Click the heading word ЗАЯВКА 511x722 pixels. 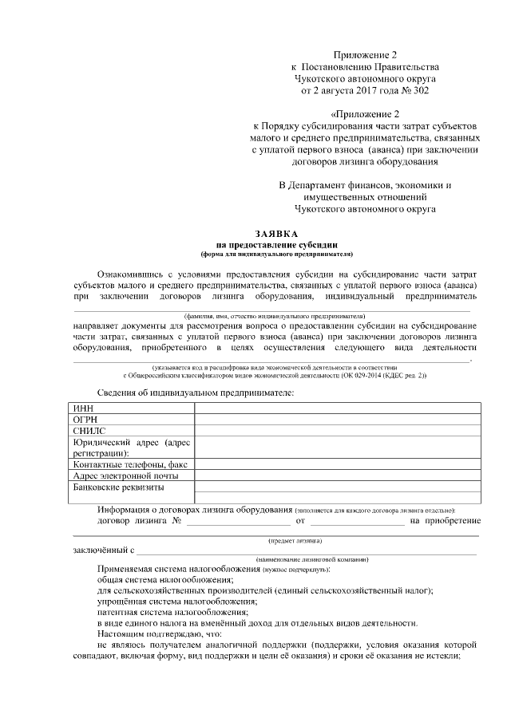[x=276, y=233]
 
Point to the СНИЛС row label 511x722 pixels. [x=89, y=431]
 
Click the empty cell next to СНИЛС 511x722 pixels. [x=337, y=431]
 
